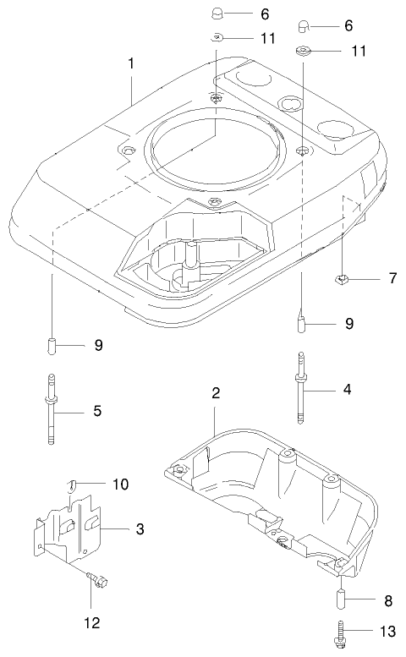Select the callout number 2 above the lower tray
point(216,393)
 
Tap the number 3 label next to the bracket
point(140,529)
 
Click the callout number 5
point(97,412)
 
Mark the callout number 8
point(388,601)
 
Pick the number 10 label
point(120,484)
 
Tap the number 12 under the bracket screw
point(91,623)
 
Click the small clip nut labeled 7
point(342,278)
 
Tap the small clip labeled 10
point(74,484)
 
